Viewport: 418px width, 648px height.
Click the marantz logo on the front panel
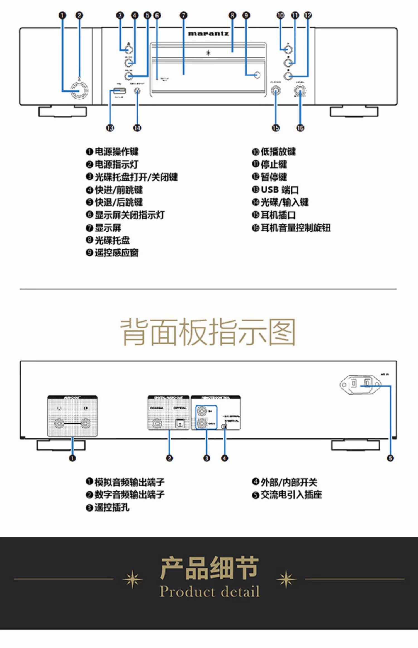208,34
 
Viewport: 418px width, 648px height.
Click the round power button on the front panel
79,91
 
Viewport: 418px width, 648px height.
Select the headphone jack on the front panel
276,91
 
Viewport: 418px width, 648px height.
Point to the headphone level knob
300,91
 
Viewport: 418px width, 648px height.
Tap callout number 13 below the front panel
110,128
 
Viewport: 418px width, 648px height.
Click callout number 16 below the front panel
300,128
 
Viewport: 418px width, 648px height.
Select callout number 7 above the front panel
183,15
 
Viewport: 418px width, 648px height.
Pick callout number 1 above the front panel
62,15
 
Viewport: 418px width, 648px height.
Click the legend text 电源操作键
116,152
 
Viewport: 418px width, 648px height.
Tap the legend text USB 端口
280,190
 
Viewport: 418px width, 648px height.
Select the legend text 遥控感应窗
116,253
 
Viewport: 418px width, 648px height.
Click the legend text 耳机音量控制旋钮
295,228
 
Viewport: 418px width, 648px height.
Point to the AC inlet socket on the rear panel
360,385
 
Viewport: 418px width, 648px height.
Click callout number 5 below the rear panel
390,458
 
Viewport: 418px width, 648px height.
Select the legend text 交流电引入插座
291,495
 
